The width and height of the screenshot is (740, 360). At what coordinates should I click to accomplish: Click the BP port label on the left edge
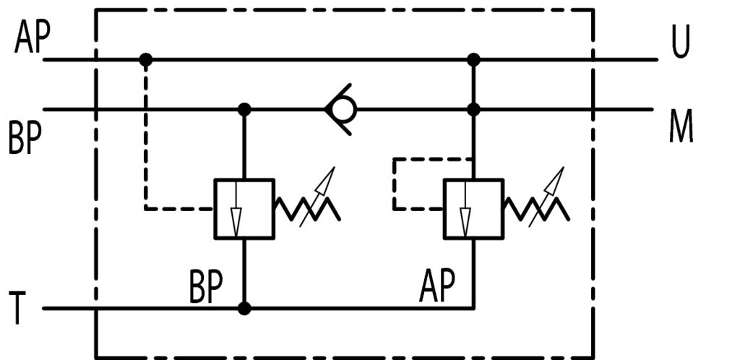[x=25, y=139]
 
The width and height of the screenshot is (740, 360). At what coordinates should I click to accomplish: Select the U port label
[x=681, y=44]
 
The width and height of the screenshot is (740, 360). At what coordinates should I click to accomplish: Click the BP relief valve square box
[x=244, y=209]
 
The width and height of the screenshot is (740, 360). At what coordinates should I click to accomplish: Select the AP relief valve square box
[x=473, y=209]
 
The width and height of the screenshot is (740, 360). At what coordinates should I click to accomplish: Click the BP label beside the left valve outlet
[x=206, y=288]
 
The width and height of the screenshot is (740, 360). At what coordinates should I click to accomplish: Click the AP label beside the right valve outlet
[x=437, y=288]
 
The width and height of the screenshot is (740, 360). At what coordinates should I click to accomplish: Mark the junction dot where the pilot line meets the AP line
[x=146, y=59]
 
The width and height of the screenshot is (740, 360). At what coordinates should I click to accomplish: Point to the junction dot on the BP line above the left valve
[x=244, y=110]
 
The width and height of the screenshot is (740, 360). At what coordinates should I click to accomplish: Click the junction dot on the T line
[x=244, y=309]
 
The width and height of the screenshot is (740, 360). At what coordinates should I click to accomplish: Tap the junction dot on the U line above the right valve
[x=473, y=59]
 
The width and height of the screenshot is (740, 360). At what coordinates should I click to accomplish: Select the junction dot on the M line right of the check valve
[x=473, y=110]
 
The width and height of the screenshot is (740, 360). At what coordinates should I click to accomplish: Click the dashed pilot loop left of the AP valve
[x=395, y=183]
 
